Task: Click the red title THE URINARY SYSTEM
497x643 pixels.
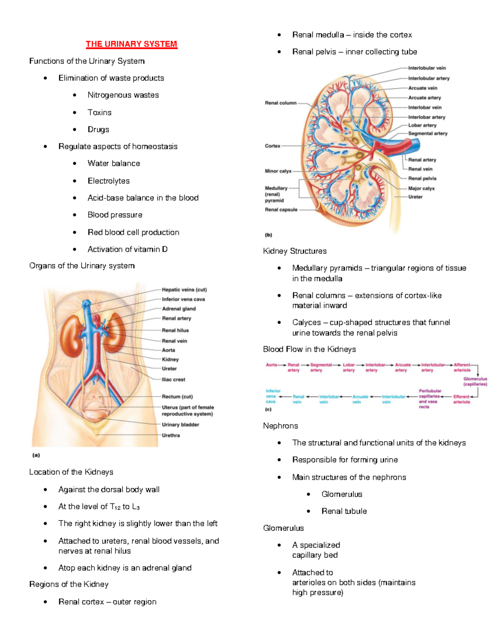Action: click(131, 44)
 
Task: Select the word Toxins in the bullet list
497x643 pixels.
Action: click(99, 113)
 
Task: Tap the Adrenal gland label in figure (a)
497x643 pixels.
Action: click(179, 309)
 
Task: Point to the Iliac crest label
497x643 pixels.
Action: click(173, 380)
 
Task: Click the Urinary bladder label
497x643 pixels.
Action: click(180, 425)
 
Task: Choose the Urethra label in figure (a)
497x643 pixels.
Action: click(171, 436)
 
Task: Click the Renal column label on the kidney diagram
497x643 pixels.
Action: click(280, 103)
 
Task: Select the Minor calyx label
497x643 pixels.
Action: click(278, 171)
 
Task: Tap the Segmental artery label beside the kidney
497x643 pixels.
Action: click(427, 134)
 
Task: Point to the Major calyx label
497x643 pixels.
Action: click(421, 188)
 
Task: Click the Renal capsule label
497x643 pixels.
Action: click(281, 210)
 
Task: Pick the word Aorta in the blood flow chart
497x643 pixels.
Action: click(271, 365)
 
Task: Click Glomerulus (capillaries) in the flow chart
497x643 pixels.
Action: click(475, 381)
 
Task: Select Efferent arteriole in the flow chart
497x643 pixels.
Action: click(461, 399)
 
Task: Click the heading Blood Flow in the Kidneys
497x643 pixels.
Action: click(309, 349)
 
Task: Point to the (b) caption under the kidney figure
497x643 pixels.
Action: click(268, 235)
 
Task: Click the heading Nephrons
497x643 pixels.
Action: click(280, 426)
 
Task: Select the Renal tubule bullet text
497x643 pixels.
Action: click(344, 511)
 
